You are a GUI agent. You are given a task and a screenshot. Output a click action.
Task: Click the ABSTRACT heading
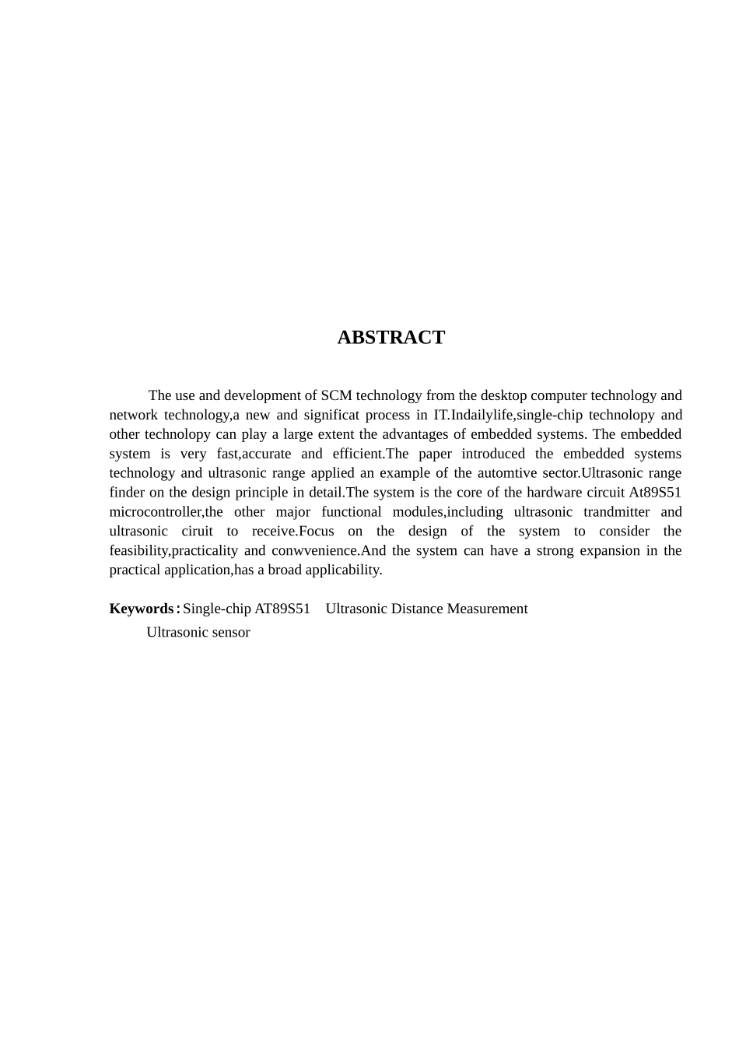click(x=391, y=338)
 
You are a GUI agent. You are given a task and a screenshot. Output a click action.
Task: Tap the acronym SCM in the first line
click(x=336, y=395)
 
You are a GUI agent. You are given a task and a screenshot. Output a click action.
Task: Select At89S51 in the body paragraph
click(x=655, y=492)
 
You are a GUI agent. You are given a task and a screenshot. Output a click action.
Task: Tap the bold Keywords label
click(x=142, y=609)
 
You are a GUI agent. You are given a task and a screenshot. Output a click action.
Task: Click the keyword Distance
click(x=415, y=609)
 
